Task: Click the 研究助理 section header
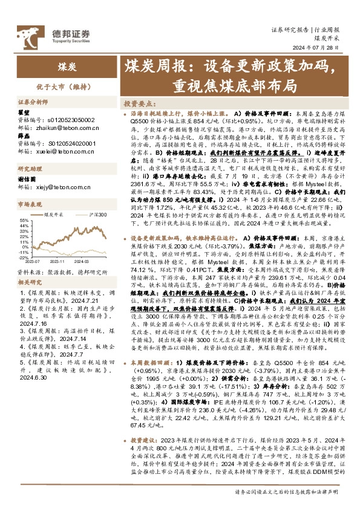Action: point(27,169)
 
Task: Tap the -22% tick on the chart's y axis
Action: point(22,257)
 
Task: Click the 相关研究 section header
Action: point(27,282)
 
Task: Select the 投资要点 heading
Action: point(137,103)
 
